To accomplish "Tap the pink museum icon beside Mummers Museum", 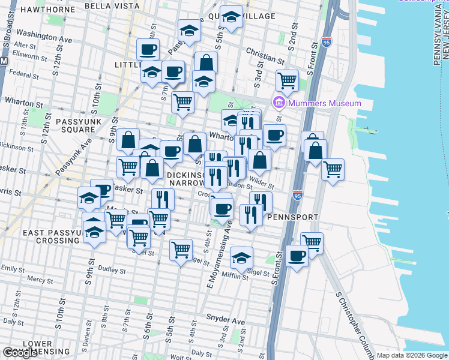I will pos(279,103).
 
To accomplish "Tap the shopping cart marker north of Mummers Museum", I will pos(288,79).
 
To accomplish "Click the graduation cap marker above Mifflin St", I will pos(241,257).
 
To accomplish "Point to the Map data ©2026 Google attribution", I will pos(412,355).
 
